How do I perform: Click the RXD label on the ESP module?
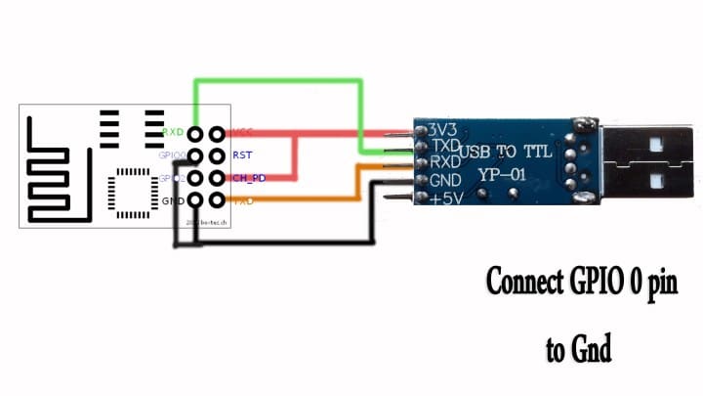pos(174,132)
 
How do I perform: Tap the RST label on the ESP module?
pos(242,154)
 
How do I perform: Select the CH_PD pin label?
pos(249,178)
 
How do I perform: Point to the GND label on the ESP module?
pos(173,200)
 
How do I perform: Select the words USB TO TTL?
pos(506,152)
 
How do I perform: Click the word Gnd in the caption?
pos(592,349)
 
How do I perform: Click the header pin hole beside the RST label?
pos(216,154)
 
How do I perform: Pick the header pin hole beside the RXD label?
pos(196,133)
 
